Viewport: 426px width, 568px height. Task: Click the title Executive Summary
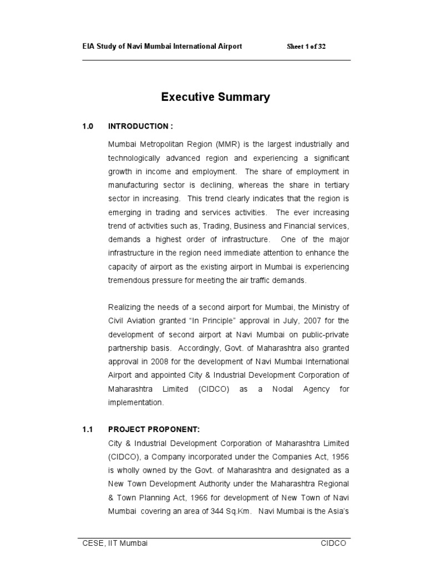pyautogui.click(x=215, y=98)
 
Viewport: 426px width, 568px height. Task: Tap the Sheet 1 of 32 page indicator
pyautogui.click(x=306, y=47)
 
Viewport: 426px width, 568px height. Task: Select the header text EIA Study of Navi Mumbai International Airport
pyautogui.click(x=162, y=47)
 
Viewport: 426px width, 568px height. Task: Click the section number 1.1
pyautogui.click(x=88, y=429)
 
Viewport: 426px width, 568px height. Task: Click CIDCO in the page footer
pyautogui.click(x=333, y=544)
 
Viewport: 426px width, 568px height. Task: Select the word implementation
pyautogui.click(x=136, y=403)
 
